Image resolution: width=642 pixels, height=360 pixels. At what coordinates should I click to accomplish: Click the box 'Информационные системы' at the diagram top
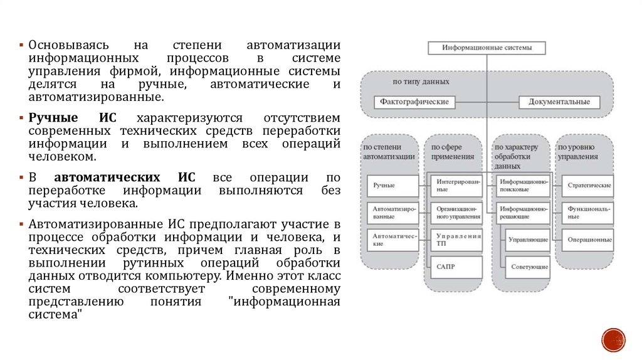[487, 48]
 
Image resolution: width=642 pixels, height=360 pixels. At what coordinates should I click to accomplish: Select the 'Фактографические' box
[414, 102]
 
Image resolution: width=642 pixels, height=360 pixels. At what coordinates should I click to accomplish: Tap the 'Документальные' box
[559, 102]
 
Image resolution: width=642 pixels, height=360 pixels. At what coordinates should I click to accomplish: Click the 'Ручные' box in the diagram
[392, 186]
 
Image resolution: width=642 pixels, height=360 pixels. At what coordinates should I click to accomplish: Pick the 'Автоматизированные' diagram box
[392, 213]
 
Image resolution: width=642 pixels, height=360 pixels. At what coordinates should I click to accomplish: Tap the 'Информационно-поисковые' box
[524, 185]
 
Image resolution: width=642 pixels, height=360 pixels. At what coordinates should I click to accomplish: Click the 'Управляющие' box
[529, 240]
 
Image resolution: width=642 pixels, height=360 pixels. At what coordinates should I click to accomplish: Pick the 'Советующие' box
[529, 267]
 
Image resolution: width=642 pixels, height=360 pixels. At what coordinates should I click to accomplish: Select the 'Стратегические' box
[589, 186]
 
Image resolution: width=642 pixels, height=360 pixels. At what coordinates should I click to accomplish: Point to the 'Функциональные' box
[589, 213]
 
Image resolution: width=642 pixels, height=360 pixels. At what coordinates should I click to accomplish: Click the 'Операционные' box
[589, 240]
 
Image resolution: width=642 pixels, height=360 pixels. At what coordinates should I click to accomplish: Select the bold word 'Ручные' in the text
[53, 118]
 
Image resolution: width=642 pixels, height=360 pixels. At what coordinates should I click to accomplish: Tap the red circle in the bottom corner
[613, 339]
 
